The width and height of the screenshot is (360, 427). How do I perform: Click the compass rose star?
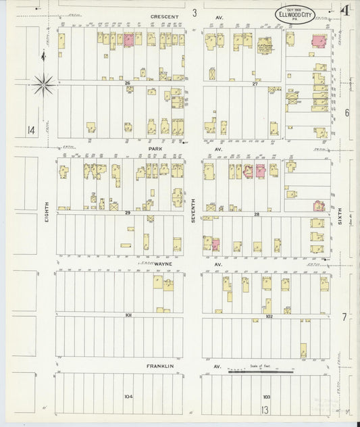44,84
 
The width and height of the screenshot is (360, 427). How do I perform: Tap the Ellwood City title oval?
294,15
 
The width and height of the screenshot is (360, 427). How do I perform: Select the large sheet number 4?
344,11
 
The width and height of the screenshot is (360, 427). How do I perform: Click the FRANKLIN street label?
161,366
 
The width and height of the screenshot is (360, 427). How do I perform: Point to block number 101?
126,315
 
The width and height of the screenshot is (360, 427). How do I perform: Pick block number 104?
126,396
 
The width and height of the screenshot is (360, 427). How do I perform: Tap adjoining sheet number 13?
266,411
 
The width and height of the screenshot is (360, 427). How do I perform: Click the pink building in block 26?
128,40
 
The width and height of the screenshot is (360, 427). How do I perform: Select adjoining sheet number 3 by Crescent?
194,13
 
